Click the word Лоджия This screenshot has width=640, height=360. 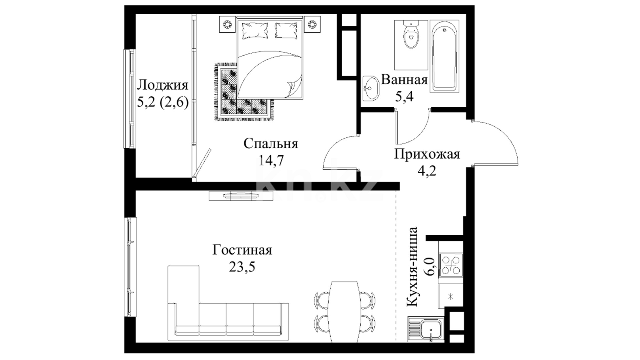click(x=163, y=85)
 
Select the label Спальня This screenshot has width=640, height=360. click(x=271, y=144)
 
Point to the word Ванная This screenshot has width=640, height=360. click(x=404, y=80)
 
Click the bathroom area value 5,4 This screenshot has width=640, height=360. click(x=404, y=97)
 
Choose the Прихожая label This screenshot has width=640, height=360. click(x=427, y=154)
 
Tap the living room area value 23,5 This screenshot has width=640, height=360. click(x=242, y=267)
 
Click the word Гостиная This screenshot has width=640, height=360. click(x=242, y=250)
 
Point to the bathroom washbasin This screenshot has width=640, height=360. click(x=371, y=88)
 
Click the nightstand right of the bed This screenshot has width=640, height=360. click(x=312, y=24)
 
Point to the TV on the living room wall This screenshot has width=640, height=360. click(x=233, y=196)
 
